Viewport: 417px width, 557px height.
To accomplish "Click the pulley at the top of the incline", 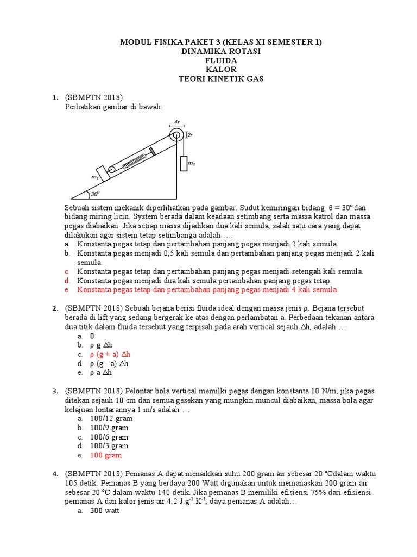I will [x=175, y=135].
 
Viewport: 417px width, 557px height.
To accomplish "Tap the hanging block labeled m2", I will [x=183, y=163].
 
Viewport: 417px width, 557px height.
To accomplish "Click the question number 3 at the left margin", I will [x=55, y=391].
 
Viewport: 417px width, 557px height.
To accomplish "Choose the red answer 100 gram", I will [x=106, y=455].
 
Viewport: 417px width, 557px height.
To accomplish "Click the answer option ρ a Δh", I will [x=101, y=373].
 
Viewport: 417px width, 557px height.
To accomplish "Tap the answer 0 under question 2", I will [x=92, y=336].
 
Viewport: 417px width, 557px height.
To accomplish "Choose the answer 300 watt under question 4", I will [x=104, y=512].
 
